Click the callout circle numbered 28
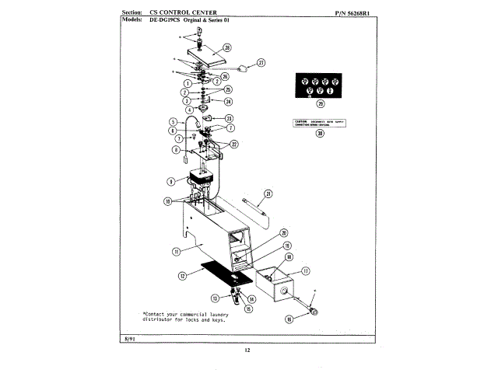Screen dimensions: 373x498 pyautogui.click(x=226, y=47)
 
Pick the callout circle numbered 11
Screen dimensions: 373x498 pyautogui.click(x=176, y=251)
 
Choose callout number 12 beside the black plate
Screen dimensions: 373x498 pyautogui.click(x=182, y=275)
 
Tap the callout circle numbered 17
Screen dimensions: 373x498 pyautogui.click(x=306, y=272)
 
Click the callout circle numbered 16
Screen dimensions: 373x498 pyautogui.click(x=289, y=318)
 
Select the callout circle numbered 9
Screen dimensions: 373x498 pyautogui.click(x=170, y=181)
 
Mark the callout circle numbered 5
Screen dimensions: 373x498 pyautogui.click(x=173, y=122)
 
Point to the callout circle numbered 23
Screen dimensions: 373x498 pyautogui.click(x=229, y=118)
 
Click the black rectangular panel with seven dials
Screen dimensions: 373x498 pyautogui.click(x=320, y=84)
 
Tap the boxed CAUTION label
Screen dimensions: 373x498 pyautogui.click(x=320, y=123)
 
